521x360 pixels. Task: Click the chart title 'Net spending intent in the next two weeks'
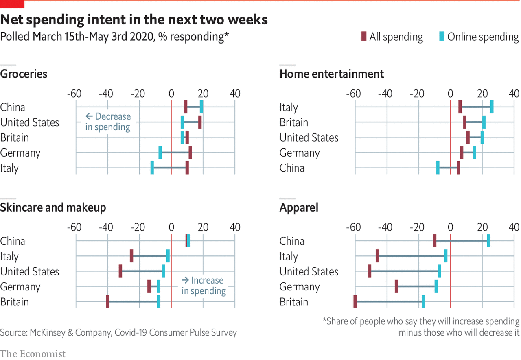(x=134, y=19)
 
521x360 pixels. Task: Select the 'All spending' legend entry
(x=392, y=37)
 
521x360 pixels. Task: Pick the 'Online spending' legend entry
(x=479, y=37)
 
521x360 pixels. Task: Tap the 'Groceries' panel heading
(x=24, y=74)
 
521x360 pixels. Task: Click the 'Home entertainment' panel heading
(x=332, y=74)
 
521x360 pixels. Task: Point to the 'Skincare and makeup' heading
(x=53, y=207)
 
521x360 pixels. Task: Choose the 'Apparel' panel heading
(x=299, y=207)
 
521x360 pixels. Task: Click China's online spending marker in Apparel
(x=488, y=241)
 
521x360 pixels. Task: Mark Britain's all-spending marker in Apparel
(x=355, y=302)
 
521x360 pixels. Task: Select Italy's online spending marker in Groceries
(x=152, y=168)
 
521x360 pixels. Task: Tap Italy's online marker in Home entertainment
(x=492, y=107)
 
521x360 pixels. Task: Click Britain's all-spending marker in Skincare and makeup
(x=108, y=302)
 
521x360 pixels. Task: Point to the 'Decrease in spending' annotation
(x=108, y=122)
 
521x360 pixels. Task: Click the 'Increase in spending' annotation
(x=204, y=286)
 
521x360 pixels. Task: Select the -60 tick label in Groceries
(x=74, y=94)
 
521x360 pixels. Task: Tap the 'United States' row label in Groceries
(x=30, y=122)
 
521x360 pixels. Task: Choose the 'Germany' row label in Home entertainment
(x=300, y=153)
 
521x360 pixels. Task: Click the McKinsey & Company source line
(x=118, y=332)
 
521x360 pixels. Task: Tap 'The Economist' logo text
(x=33, y=353)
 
